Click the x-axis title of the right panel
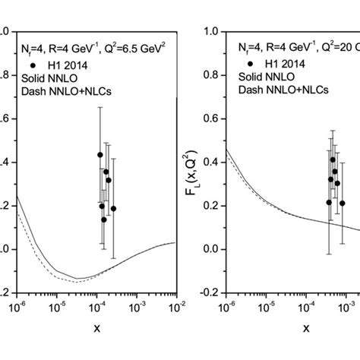pos(306,329)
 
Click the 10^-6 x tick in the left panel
pos(16,306)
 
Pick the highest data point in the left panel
pos(99,154)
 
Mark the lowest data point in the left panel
pos(104,219)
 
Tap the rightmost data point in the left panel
pos(113,208)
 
